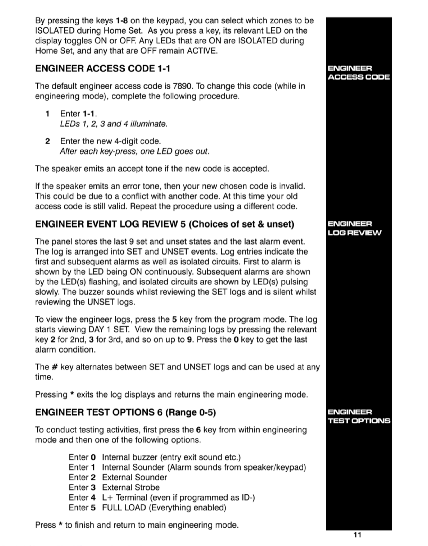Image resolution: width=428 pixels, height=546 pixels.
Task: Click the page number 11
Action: (x=357, y=535)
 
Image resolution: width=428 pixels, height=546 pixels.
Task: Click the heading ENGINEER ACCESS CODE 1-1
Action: (x=102, y=68)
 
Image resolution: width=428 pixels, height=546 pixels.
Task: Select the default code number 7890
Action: (x=183, y=86)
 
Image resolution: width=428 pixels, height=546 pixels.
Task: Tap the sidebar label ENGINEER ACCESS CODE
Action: (x=358, y=73)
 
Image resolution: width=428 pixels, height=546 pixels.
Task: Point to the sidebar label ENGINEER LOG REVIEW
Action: (x=354, y=228)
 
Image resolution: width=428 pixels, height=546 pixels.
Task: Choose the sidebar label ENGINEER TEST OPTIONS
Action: (x=359, y=416)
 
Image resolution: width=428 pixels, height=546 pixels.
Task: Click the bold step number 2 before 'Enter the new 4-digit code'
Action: (x=47, y=141)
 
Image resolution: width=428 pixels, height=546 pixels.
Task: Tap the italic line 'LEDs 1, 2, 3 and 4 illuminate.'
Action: (x=114, y=124)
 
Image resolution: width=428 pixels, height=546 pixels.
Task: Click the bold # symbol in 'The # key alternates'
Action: (x=54, y=367)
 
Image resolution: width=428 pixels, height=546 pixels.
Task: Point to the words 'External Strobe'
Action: (x=131, y=487)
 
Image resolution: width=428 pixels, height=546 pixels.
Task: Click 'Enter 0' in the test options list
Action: (x=82, y=457)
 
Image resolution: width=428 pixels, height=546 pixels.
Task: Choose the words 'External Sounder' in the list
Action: (x=134, y=477)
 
